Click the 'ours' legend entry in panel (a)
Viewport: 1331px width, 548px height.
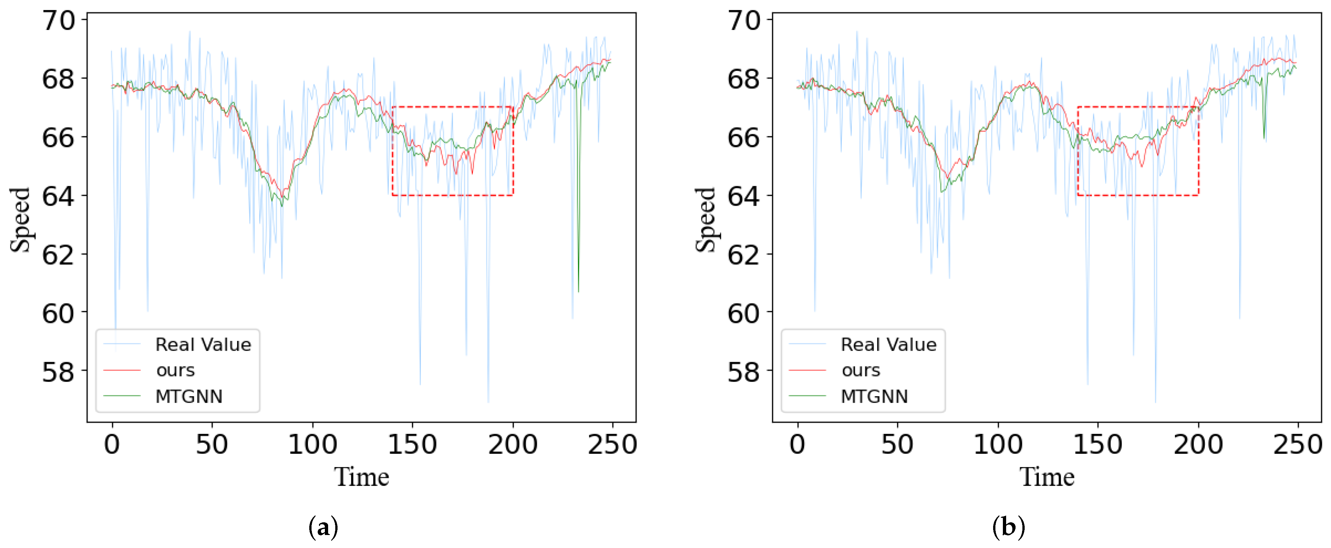point(175,370)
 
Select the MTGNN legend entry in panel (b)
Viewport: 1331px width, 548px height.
point(874,397)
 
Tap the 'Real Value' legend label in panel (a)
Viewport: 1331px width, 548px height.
point(203,345)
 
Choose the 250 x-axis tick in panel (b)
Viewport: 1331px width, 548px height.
point(1298,445)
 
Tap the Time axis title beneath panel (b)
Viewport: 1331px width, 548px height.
point(1047,477)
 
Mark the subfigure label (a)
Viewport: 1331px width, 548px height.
point(324,527)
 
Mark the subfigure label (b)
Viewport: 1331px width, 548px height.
point(1009,527)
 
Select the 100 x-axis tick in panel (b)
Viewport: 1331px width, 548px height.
point(997,445)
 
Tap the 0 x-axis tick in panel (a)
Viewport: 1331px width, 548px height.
point(112,445)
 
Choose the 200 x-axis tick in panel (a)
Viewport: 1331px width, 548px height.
point(512,445)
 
